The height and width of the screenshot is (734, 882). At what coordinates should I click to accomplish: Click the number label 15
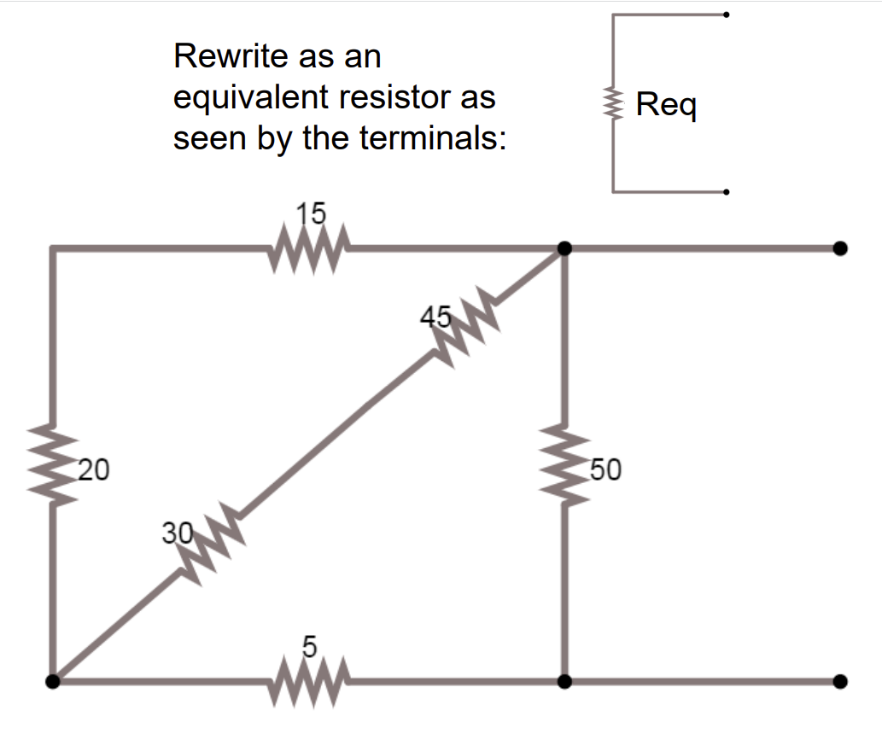[x=311, y=213]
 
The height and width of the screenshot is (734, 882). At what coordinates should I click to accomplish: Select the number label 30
[x=177, y=533]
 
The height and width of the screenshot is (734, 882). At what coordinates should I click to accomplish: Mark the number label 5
[x=310, y=648]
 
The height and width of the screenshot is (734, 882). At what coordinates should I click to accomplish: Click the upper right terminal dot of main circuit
[x=840, y=248]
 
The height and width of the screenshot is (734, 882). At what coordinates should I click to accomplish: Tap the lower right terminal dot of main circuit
[x=840, y=681]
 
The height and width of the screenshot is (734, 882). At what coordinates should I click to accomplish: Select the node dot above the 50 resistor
[x=564, y=248]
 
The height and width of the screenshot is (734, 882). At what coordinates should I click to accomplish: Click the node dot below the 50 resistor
[x=564, y=681]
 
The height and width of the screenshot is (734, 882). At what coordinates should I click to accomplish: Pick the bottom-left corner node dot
[x=53, y=681]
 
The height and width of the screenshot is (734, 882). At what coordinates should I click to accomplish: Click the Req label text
[x=667, y=106]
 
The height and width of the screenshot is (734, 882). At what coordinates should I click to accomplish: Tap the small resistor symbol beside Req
[x=612, y=104]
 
